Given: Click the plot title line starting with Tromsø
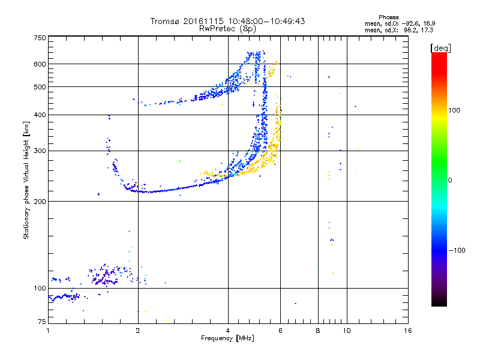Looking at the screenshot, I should pos(227,21).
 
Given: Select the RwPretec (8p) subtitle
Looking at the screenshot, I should pos(227,28).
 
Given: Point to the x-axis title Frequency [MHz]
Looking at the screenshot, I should pos(227,339).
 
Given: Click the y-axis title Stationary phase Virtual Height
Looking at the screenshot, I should pos(26,180).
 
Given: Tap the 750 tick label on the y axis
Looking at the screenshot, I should pos(40,37).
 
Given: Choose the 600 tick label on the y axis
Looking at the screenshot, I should pos(40,64).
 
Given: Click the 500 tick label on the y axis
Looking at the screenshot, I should pos(40,87).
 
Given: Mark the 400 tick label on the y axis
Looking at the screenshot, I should pos(40,115).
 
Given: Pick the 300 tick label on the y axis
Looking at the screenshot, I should pos(40,151).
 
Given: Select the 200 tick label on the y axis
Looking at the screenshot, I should pos(40,201).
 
